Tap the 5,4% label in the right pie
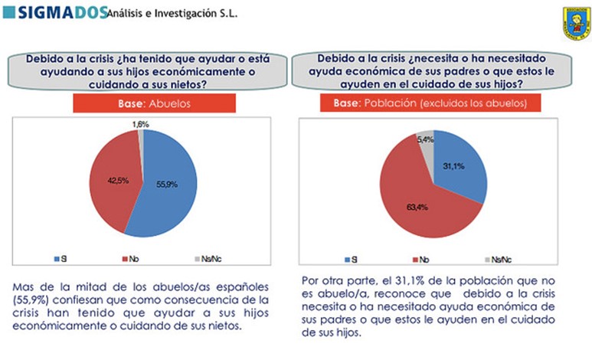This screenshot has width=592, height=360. [x=424, y=139]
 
